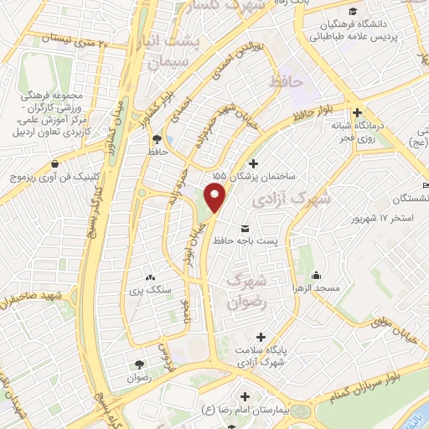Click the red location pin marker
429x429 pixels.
[x=216, y=199]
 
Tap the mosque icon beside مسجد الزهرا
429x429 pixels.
[x=317, y=276]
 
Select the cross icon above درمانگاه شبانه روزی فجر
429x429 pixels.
[x=357, y=113]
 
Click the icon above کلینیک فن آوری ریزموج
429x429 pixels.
[x=55, y=164]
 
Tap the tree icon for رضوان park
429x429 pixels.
[x=138, y=365]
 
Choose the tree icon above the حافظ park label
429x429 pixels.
[x=157, y=139]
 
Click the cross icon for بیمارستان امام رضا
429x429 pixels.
[x=245, y=395]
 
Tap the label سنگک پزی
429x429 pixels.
[x=150, y=291]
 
